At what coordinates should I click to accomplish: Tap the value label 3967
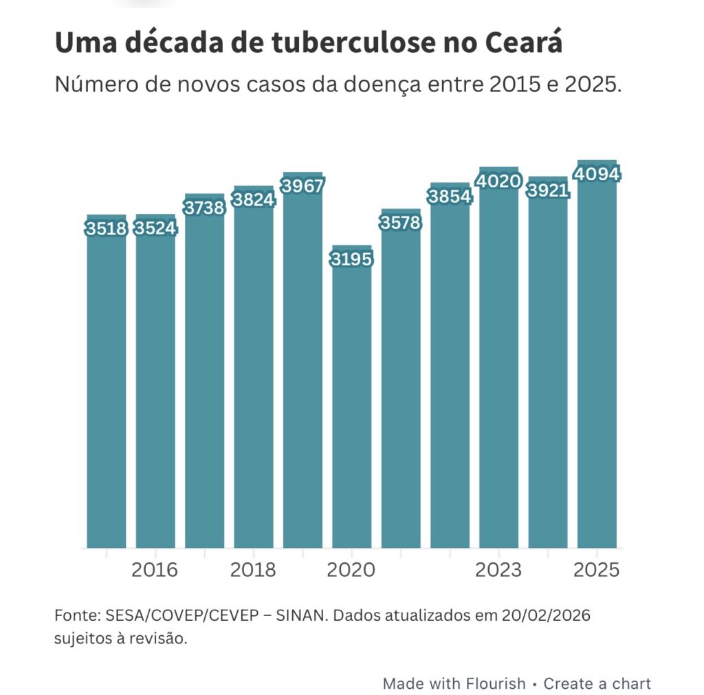click(x=302, y=186)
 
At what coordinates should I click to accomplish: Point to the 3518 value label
click(x=107, y=228)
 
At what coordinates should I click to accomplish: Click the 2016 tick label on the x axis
click(x=155, y=570)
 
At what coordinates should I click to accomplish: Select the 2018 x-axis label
click(x=253, y=570)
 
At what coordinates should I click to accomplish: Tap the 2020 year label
click(x=351, y=570)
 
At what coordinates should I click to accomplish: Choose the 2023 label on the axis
click(x=498, y=570)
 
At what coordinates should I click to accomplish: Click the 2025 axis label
click(x=597, y=570)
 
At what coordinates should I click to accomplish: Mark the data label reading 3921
click(x=548, y=190)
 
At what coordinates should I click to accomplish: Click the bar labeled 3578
click(x=401, y=385)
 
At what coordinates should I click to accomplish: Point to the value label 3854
click(x=450, y=196)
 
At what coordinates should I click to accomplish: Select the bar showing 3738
click(x=204, y=378)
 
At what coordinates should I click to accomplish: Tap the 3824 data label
click(x=254, y=199)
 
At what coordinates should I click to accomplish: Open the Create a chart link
click(x=597, y=683)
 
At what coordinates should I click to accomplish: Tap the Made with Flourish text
click(x=454, y=683)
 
